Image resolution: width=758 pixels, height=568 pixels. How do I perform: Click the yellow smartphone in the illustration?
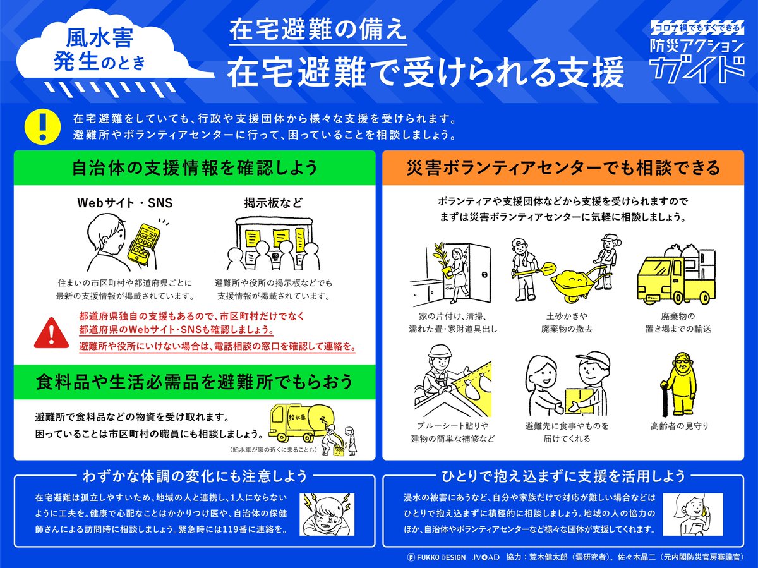pos(141,243)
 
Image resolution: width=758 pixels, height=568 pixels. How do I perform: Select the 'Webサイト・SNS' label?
pos(125,203)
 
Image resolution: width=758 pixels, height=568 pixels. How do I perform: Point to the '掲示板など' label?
pos(273,203)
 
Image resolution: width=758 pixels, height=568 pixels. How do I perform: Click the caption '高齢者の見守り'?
pos(679,426)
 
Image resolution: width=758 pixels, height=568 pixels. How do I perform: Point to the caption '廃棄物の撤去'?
pos(566,329)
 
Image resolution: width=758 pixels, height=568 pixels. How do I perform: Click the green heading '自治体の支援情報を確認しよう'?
pos(195,168)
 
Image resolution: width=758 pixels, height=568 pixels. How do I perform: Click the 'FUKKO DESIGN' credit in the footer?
pos(436,558)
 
